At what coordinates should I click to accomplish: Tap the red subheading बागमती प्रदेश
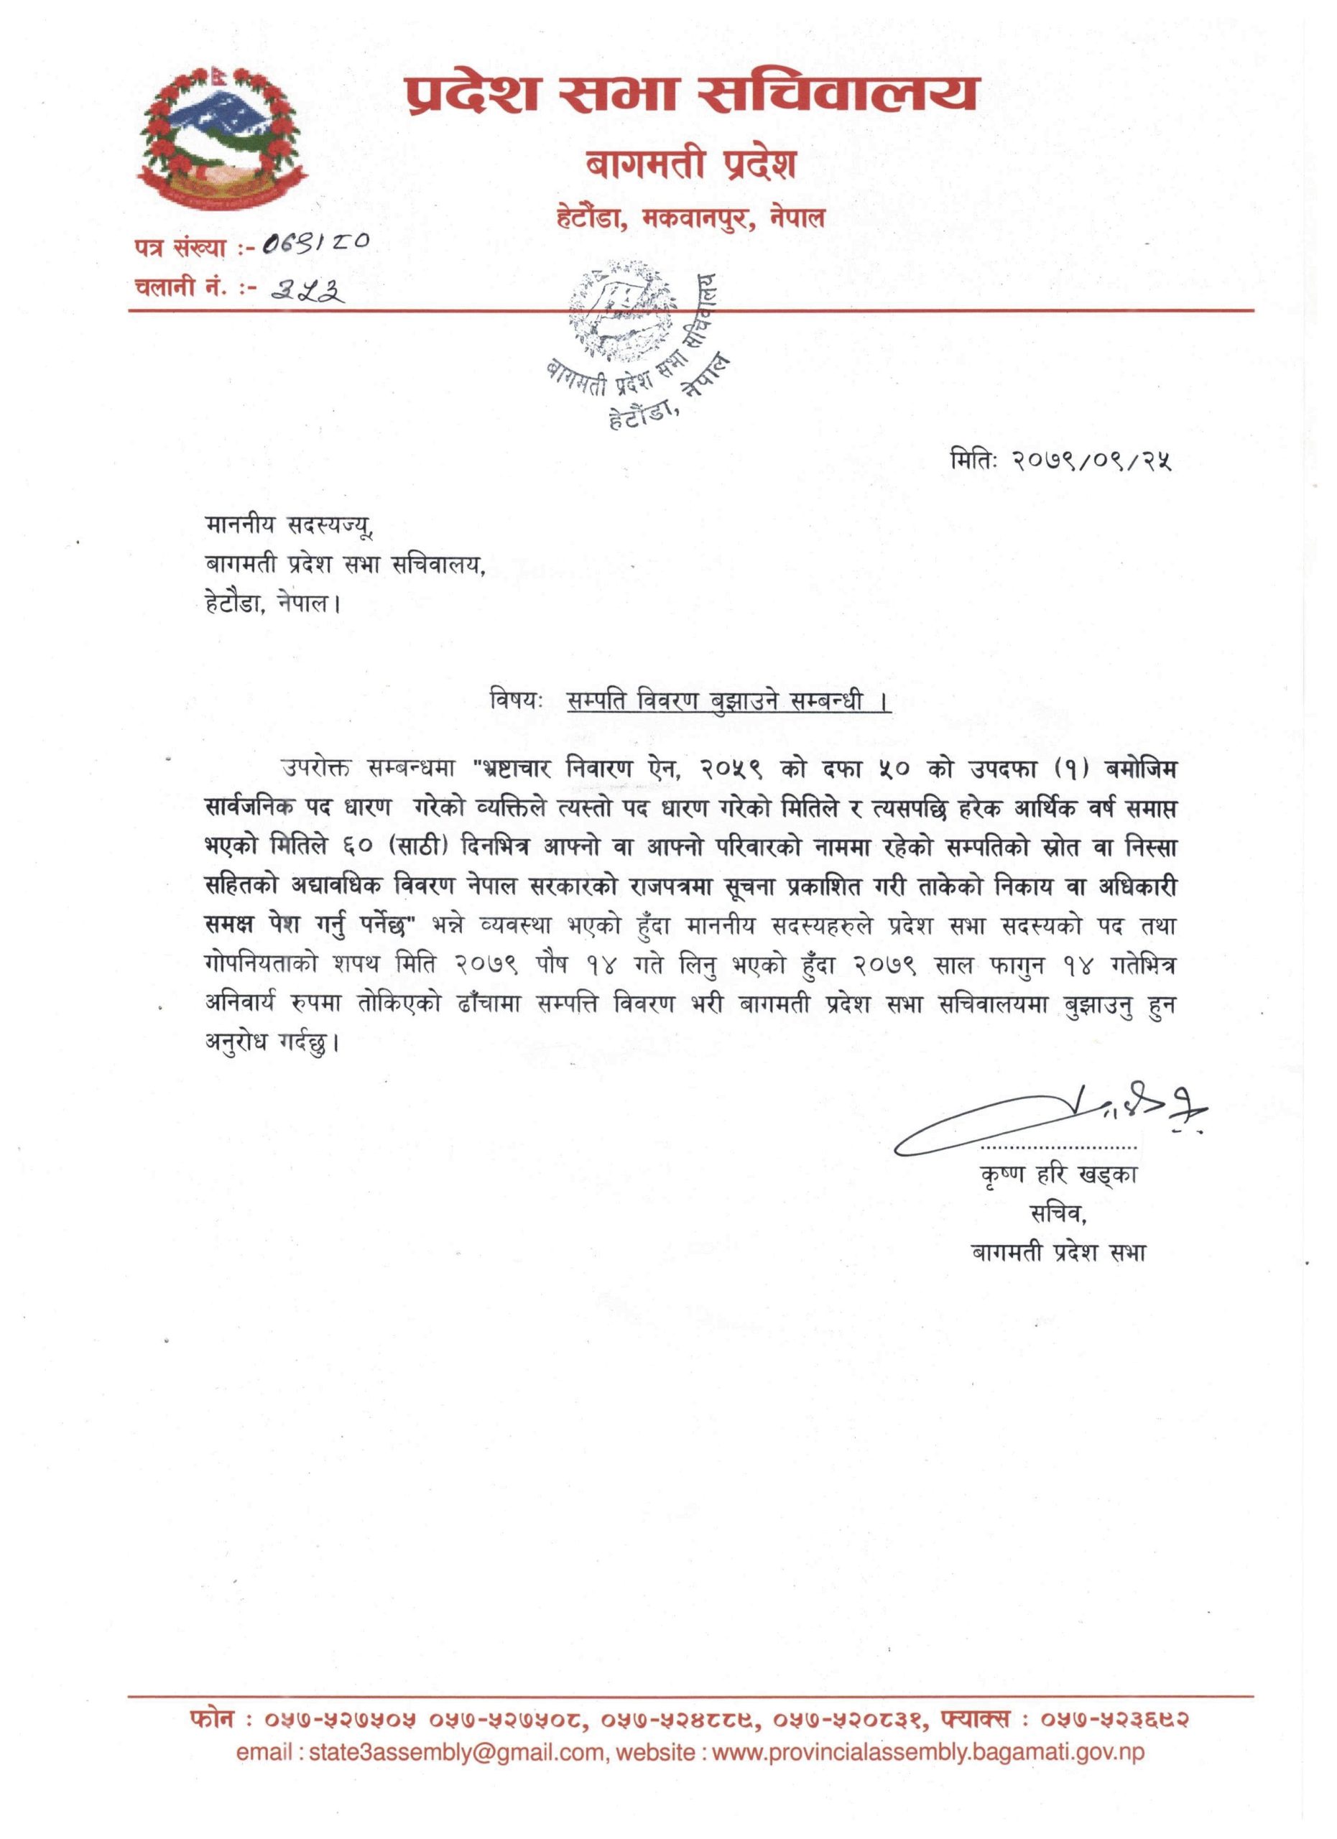[x=691, y=165]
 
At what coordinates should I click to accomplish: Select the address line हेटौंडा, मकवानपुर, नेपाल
[x=691, y=218]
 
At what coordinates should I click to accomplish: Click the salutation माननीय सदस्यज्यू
[x=290, y=527]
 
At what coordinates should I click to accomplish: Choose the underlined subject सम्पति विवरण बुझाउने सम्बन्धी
[x=727, y=701]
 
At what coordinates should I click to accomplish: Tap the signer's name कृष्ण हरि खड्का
[x=1058, y=1174]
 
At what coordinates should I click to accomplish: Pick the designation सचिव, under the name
[x=1058, y=1213]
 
